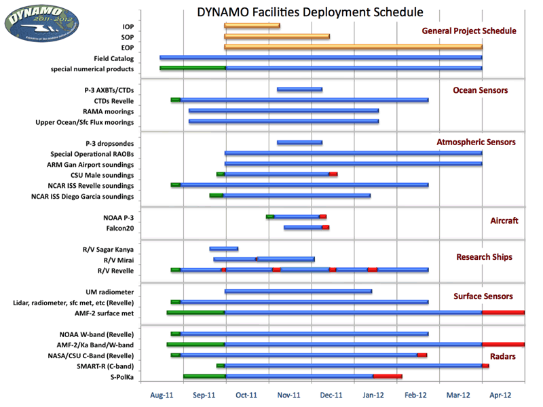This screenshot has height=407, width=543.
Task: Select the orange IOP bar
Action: point(252,26)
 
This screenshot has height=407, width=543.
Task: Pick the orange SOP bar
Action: point(277,37)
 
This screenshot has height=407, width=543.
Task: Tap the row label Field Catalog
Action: point(114,58)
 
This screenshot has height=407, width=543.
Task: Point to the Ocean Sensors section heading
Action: point(480,90)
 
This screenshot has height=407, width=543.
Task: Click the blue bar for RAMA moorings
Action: point(284,111)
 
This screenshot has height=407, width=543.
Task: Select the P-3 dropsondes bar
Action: point(299,142)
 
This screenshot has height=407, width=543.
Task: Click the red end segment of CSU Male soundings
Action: point(333,174)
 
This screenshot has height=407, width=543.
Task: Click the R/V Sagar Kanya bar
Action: point(223,248)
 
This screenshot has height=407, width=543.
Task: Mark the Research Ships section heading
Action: point(484,257)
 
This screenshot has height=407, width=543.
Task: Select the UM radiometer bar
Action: point(298,292)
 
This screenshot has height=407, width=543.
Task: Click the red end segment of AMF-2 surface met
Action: point(503,313)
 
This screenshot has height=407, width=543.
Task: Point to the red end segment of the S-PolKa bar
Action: point(388,376)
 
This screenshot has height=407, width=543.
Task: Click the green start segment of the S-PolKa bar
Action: point(204,376)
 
